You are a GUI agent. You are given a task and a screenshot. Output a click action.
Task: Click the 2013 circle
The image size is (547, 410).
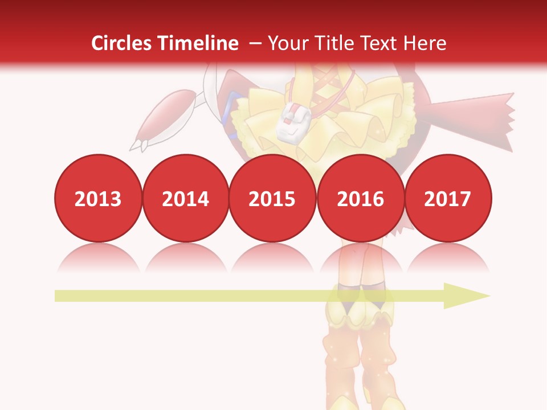point(98,199)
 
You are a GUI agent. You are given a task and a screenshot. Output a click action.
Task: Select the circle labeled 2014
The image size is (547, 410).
point(186,199)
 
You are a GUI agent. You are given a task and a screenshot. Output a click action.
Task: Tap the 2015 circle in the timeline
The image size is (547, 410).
point(272,199)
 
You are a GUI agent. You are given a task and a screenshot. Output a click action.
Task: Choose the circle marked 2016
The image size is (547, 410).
point(361,199)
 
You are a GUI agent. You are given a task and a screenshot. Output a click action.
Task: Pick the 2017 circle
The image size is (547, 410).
point(448,199)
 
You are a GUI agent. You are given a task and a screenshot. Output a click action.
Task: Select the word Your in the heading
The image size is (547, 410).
point(287,43)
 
